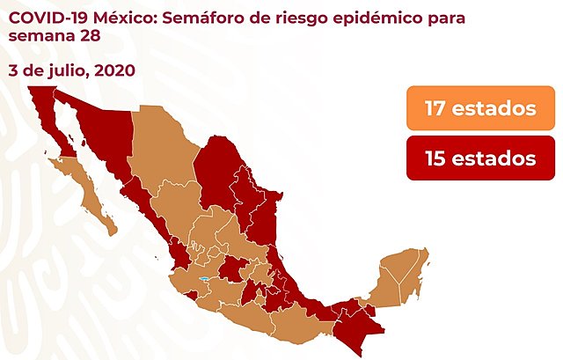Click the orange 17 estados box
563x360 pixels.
click(480, 109)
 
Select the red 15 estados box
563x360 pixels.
click(480, 158)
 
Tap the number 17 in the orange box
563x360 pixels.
click(437, 109)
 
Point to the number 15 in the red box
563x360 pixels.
click(437, 158)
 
